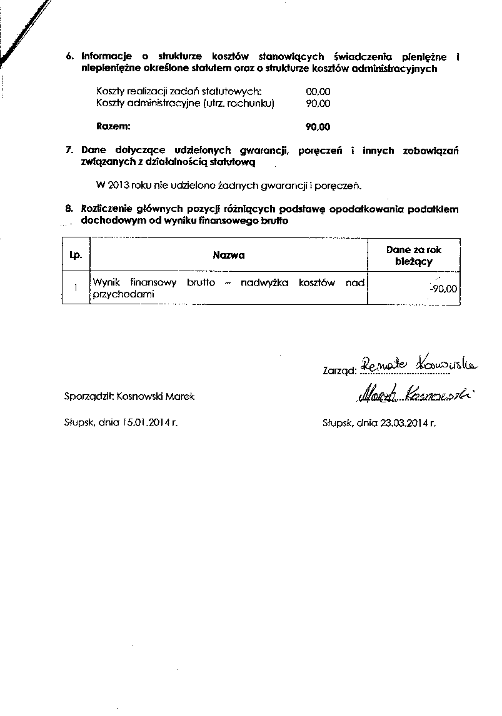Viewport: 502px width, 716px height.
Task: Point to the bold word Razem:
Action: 114,126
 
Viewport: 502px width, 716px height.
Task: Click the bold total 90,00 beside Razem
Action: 318,127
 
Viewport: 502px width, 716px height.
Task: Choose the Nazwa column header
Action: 228,255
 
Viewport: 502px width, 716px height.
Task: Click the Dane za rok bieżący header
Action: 413,256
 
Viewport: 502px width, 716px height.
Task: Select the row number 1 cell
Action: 76,288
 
